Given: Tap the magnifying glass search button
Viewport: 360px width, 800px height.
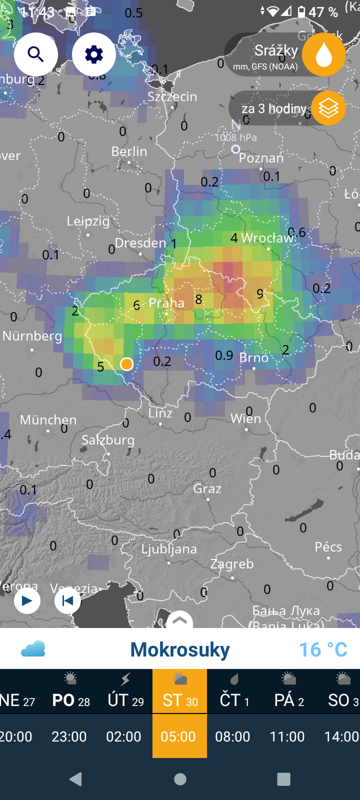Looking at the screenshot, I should click(35, 54).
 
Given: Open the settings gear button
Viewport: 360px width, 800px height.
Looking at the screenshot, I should click(94, 54).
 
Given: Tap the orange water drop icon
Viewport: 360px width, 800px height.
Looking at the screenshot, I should click(324, 54).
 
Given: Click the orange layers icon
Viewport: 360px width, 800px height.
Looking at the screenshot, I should click(328, 108).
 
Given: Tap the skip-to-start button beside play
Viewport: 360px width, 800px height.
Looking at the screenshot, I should click(67, 600).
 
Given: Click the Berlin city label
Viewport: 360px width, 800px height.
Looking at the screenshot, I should click(129, 151).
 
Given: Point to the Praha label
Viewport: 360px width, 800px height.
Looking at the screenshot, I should click(166, 303).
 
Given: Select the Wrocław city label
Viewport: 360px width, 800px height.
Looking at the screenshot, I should click(267, 238).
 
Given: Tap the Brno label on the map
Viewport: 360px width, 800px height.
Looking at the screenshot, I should click(254, 358).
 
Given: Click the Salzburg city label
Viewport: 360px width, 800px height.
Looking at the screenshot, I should click(108, 440).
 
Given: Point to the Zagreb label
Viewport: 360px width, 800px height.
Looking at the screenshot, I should click(232, 564).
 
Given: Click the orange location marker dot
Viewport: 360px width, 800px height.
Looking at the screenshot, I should click(126, 364).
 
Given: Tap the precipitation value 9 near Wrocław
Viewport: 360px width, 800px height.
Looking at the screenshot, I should click(259, 294).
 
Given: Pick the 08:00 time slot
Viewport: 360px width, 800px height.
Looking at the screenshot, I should click(232, 736).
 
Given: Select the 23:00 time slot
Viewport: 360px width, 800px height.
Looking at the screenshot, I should click(69, 736).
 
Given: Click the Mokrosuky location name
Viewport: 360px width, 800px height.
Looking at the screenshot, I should click(180, 649).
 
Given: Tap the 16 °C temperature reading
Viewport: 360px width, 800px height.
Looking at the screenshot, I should click(323, 649).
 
